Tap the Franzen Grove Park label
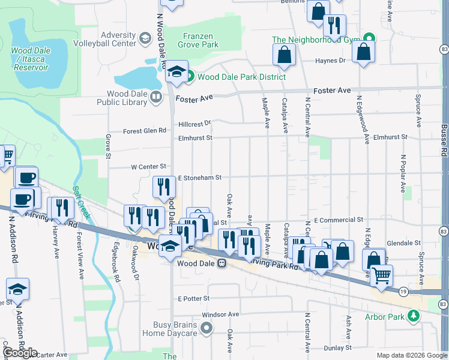coord(197,40)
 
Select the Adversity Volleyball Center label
coord(104,39)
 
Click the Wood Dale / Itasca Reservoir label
coord(29,59)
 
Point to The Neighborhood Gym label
coord(315,40)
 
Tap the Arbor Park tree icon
coord(413,315)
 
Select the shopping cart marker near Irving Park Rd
coord(382,276)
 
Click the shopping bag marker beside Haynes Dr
coord(285,55)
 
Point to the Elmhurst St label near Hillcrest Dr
coord(195,138)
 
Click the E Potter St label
coord(193,298)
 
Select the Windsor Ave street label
coord(220,314)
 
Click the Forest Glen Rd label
coord(144,131)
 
